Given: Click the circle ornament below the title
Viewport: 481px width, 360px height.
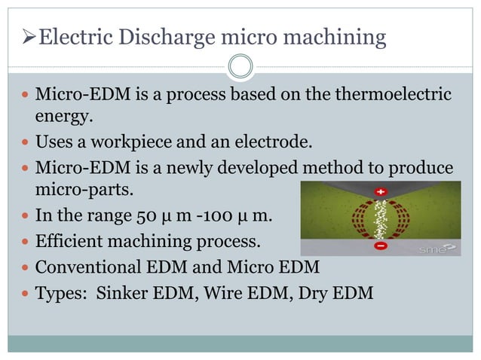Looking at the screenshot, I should (240, 66).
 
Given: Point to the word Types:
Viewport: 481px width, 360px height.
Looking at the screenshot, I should (61, 292).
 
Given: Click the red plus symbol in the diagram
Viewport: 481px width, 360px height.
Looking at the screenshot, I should (380, 192).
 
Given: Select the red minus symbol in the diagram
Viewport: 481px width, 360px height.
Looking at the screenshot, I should (381, 246).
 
